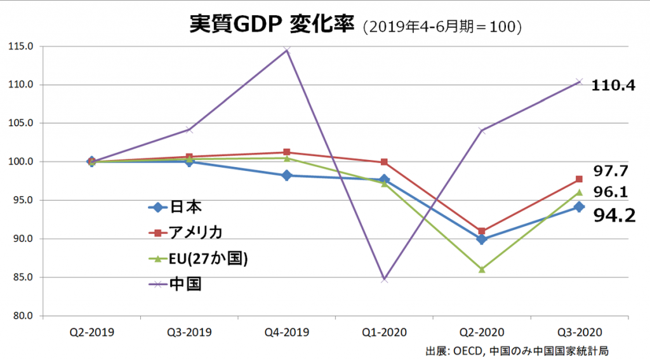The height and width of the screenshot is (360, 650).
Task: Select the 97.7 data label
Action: pyautogui.click(x=610, y=170)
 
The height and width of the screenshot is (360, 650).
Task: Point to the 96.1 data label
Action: pyautogui.click(x=610, y=191)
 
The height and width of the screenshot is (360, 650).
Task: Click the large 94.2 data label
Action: pyautogui.click(x=614, y=216)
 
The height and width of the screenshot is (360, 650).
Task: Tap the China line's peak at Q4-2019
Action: pyautogui.click(x=286, y=50)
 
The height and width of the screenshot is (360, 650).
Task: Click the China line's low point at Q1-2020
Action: pyautogui.click(x=384, y=279)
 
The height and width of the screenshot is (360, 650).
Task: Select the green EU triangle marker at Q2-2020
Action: pyautogui.click(x=482, y=269)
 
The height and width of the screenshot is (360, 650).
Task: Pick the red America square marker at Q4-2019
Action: pyautogui.click(x=286, y=152)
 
